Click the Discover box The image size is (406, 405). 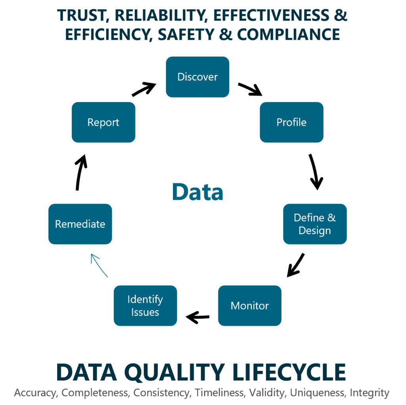coord(197,77)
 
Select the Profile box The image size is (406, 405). coord(291,122)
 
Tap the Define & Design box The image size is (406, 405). coord(315,224)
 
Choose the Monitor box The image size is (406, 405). coord(250,306)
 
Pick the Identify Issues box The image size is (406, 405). coord(145,306)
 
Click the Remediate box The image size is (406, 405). coord(80,224)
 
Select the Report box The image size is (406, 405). coord(103,122)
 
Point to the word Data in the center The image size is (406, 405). coord(197,192)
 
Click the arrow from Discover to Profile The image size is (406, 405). coord(250,90)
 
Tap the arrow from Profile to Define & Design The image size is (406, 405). coord(316,171)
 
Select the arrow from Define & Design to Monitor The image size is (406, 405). coord(296,265)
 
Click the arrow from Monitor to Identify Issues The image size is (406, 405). coord(198,317)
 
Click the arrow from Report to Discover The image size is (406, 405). coord(144,89)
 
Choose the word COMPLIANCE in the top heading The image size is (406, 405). coord(288,34)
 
